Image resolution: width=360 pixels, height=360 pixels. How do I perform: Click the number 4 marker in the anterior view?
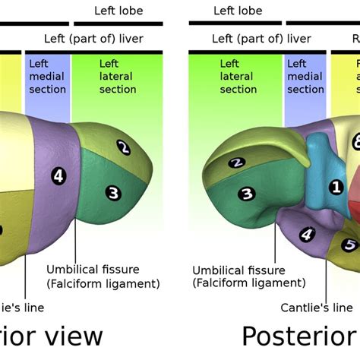[58, 176]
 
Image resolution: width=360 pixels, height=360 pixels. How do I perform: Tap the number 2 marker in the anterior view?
[125, 147]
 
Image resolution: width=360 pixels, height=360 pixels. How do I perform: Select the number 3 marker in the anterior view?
[113, 193]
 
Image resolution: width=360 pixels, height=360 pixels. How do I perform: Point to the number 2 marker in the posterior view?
[236, 162]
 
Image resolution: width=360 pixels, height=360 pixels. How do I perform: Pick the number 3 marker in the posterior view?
[245, 194]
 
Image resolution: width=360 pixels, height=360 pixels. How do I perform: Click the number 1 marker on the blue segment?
[336, 186]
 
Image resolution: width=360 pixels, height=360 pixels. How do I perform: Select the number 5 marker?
[349, 245]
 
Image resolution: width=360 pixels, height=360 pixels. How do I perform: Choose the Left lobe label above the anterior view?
[118, 11]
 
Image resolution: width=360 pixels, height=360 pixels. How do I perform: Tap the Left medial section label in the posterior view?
[305, 77]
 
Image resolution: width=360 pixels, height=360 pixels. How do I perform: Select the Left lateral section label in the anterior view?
[118, 77]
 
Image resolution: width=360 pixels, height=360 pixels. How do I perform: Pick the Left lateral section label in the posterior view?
[238, 77]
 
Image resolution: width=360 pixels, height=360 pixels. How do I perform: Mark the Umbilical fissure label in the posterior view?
[249, 277]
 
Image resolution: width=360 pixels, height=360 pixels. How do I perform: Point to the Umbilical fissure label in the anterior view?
[103, 276]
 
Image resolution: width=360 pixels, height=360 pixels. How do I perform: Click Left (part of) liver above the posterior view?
[261, 38]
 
